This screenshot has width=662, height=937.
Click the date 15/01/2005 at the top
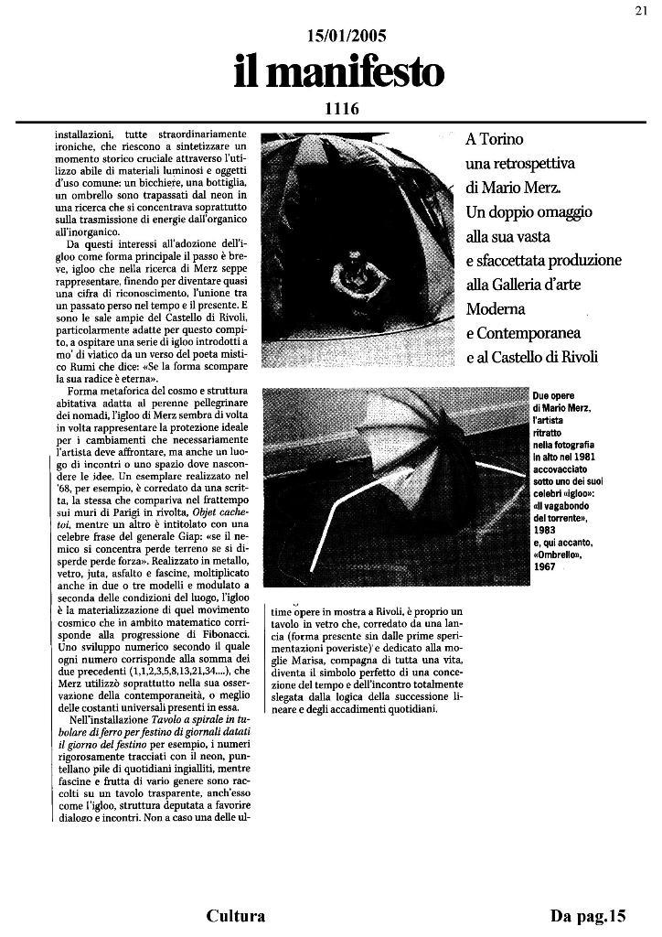(x=347, y=36)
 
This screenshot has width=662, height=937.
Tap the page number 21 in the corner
(x=640, y=11)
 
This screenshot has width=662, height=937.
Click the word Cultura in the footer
(x=236, y=916)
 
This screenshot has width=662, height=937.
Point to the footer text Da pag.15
(x=588, y=916)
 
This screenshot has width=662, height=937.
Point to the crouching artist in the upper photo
(x=347, y=272)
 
